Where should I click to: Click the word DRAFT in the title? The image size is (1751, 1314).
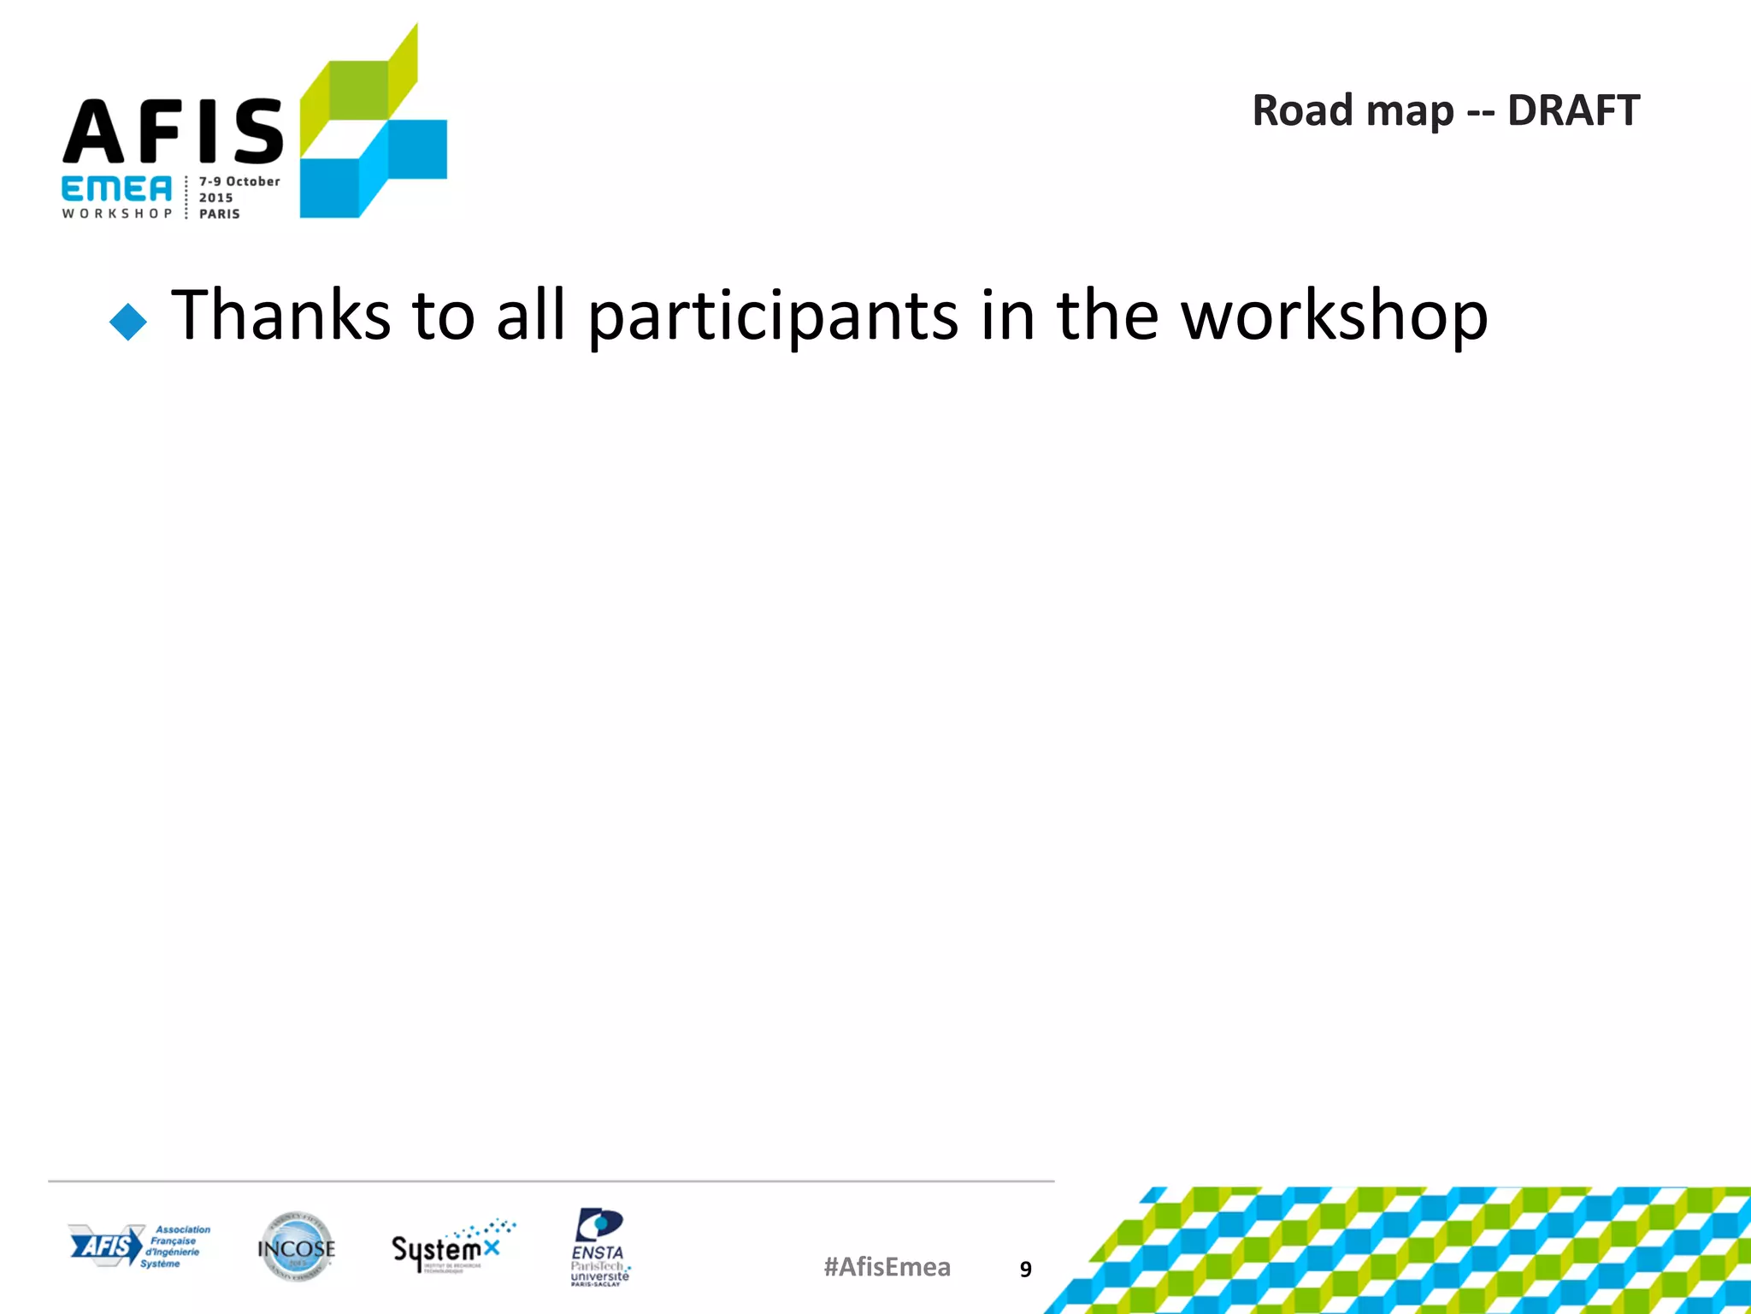[x=1573, y=111]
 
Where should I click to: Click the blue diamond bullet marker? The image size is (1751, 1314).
[x=128, y=323]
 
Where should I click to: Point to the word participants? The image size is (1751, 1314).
[x=773, y=317]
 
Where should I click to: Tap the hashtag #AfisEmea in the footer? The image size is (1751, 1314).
[x=887, y=1267]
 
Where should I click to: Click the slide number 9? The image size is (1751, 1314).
[x=1026, y=1270]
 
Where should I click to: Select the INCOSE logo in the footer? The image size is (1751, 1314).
[x=296, y=1247]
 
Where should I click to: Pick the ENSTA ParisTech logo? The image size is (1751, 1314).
[x=599, y=1247]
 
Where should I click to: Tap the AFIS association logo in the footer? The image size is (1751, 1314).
[x=139, y=1246]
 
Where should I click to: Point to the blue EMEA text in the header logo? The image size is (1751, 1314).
[x=116, y=190]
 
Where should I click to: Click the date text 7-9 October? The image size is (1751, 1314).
[x=239, y=181]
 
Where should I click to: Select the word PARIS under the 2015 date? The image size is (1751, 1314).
[x=220, y=214]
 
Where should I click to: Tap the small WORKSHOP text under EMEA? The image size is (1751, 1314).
[x=116, y=213]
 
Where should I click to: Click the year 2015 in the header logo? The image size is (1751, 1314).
[x=215, y=198]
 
